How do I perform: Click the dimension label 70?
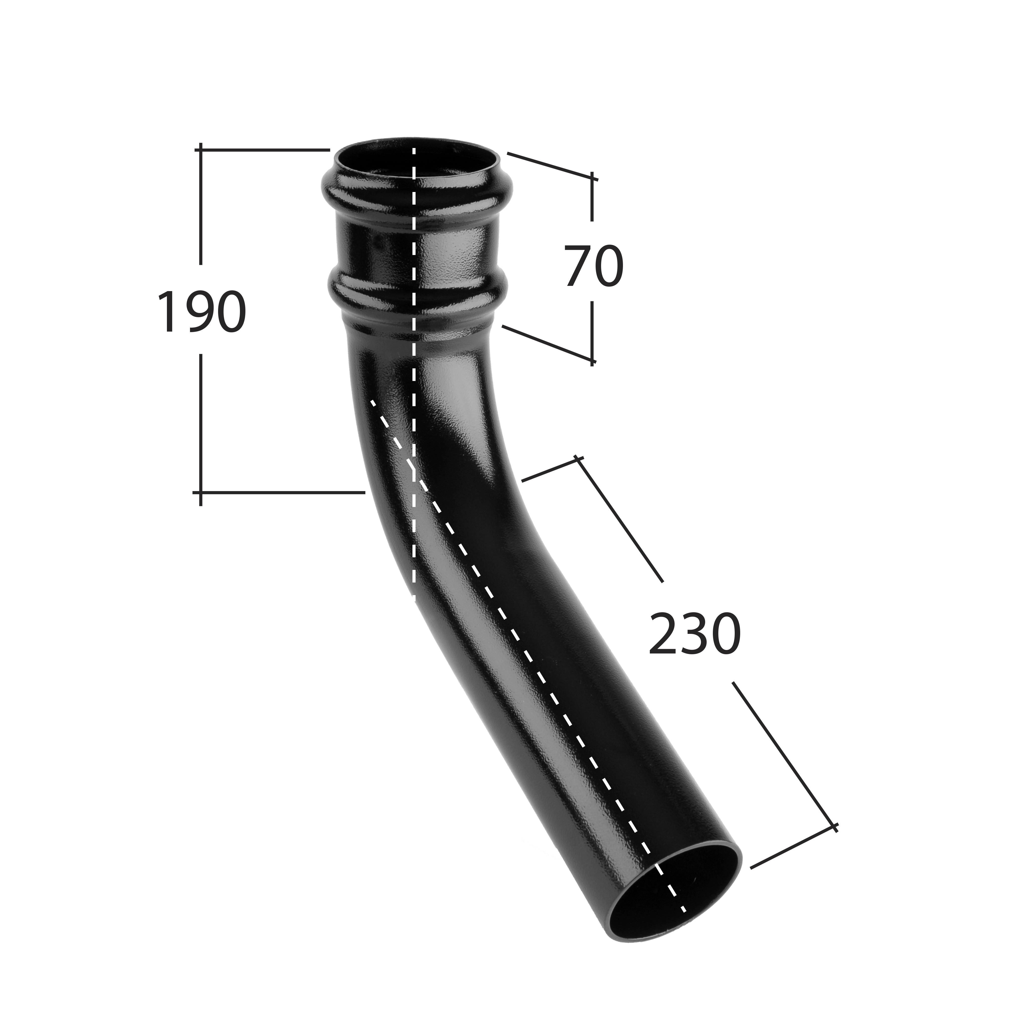594,266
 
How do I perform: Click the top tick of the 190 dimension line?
201,150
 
